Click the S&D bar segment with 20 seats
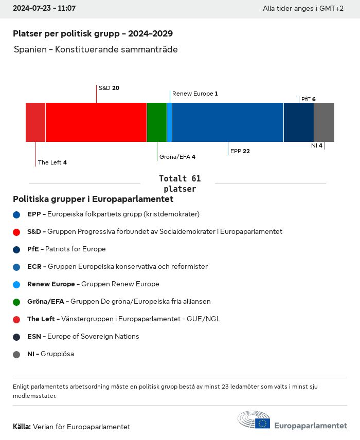[x=96, y=122]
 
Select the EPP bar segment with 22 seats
[x=228, y=122]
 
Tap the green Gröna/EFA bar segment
[x=157, y=122]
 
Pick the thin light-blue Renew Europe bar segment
[x=170, y=122]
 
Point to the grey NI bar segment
[x=324, y=122]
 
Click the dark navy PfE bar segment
[x=299, y=122]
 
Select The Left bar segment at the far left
[x=35, y=122]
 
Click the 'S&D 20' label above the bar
[x=109, y=88]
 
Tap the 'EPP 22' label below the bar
[x=240, y=151]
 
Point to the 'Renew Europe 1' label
[x=195, y=94]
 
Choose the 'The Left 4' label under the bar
[x=52, y=162]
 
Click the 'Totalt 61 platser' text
[x=179, y=184]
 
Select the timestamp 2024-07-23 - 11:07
[x=44, y=9]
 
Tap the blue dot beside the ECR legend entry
[x=16, y=267]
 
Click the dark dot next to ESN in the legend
[x=16, y=337]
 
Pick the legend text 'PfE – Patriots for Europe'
[x=66, y=249]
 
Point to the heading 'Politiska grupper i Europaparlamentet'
[x=93, y=199]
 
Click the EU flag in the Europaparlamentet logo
[x=263, y=423]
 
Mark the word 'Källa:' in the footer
[x=22, y=427]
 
